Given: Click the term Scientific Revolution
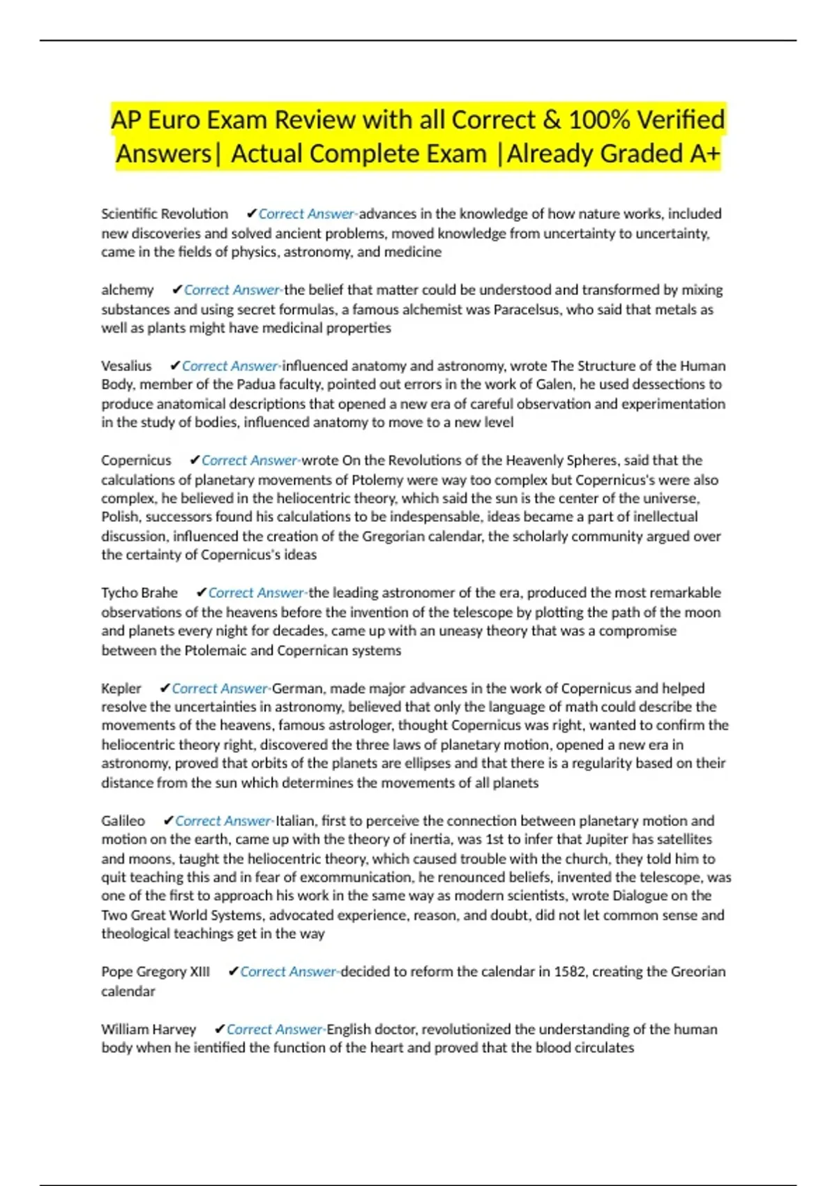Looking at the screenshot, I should [165, 214].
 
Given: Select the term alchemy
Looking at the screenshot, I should [128, 290].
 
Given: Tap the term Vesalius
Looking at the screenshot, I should [126, 366].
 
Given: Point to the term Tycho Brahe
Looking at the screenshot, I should [139, 593].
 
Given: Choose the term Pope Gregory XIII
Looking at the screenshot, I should [156, 972].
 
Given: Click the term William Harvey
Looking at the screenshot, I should [149, 1030].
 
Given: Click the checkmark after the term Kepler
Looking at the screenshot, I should [165, 689].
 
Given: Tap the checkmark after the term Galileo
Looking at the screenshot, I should [168, 821].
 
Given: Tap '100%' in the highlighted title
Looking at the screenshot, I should [599, 120].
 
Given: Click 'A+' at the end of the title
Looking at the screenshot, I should [704, 153].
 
